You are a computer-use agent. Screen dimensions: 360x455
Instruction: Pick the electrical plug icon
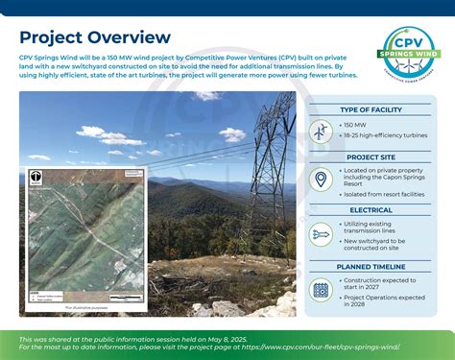point(321,233)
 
